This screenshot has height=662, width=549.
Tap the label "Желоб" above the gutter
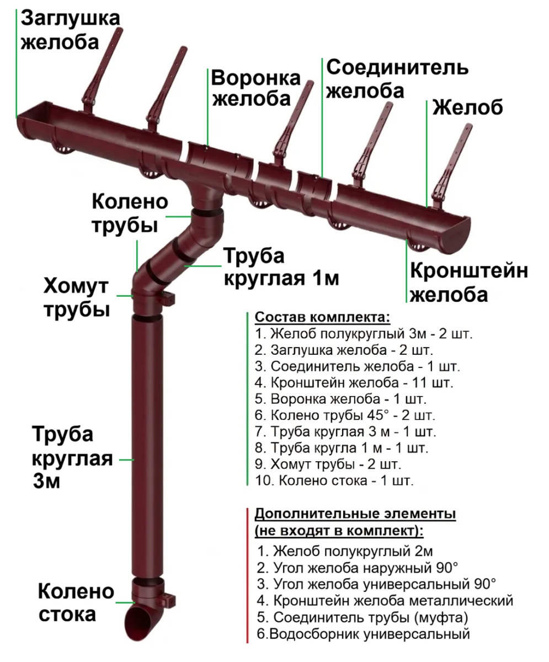[x=468, y=107]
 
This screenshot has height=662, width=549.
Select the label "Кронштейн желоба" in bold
[x=469, y=282]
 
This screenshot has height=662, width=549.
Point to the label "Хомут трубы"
[x=77, y=297]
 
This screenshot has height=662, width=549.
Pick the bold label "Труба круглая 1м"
[x=281, y=267]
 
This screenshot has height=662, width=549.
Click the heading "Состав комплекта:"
[x=322, y=317]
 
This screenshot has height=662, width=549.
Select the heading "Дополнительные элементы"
[x=355, y=513]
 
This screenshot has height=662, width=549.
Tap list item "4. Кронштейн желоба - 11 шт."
[x=354, y=383]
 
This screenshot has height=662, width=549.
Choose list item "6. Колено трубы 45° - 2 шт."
[x=345, y=415]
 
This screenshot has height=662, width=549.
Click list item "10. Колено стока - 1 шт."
[x=334, y=481]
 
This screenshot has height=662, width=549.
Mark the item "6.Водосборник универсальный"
[x=364, y=634]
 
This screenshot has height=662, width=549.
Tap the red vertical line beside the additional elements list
[x=247, y=575]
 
